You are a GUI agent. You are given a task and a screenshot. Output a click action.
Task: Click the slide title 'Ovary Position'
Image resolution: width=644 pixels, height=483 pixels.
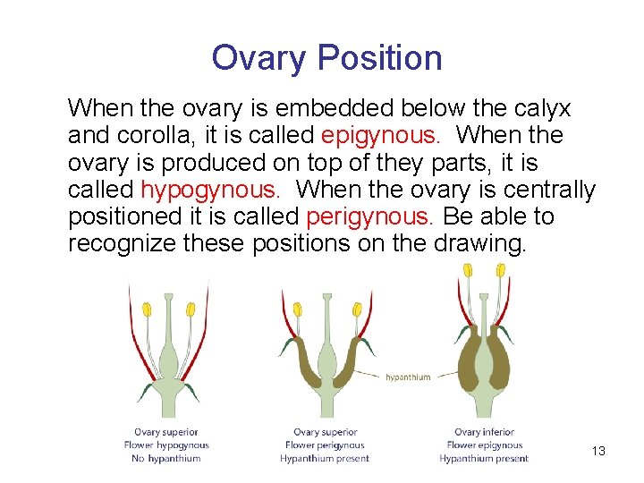(x=326, y=58)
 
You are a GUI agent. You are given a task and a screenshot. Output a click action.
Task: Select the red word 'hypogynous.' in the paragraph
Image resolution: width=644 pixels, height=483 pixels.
(x=210, y=190)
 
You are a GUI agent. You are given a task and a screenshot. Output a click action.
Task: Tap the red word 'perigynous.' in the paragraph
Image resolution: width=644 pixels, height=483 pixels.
(x=369, y=216)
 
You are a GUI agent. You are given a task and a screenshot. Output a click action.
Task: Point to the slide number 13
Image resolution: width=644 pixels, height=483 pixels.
(x=598, y=451)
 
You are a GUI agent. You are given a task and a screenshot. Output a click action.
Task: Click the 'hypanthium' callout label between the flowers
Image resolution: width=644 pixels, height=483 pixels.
(x=408, y=377)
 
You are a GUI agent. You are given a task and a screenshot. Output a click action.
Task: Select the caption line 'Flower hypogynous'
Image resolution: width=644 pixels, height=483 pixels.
(x=166, y=445)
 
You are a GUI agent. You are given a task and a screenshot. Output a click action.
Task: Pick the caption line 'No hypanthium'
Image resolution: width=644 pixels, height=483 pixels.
(x=166, y=459)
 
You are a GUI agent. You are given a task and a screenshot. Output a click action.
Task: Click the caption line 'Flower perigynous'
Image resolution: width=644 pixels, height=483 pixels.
(x=325, y=445)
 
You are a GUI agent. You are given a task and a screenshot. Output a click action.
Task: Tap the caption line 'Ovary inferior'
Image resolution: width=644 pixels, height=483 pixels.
(x=484, y=433)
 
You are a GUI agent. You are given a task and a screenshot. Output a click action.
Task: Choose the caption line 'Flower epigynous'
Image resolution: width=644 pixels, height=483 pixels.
(x=484, y=445)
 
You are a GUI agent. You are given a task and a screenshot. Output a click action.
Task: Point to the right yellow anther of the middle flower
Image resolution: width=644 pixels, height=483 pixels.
(x=357, y=309)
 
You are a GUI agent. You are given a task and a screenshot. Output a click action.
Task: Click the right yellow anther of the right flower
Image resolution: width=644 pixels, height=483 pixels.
(x=501, y=269)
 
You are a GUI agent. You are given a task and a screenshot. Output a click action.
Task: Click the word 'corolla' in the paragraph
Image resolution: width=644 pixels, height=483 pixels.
(x=153, y=136)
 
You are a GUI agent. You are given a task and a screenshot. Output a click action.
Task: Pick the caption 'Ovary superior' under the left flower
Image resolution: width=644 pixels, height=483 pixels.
(x=166, y=433)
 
